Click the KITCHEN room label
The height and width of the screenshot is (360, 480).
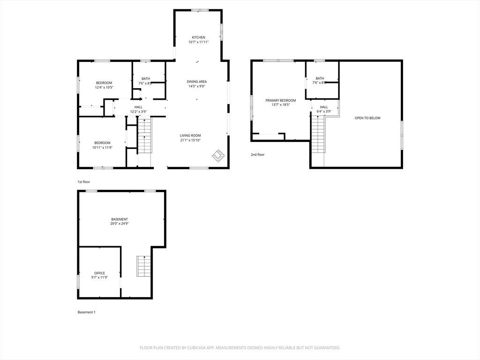(x=198, y=37)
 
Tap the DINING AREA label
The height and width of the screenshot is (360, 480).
(x=197, y=82)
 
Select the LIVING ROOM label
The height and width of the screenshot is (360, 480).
(x=190, y=135)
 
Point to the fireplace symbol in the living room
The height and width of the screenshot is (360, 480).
(x=218, y=156)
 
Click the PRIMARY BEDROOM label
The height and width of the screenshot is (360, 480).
(x=281, y=100)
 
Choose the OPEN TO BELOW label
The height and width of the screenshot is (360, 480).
(x=367, y=118)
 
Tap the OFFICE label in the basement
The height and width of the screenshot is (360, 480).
(x=99, y=273)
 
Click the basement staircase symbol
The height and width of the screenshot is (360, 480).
(x=144, y=266)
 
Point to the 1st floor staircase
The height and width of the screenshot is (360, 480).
(x=144, y=135)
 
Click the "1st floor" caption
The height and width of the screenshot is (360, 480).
(x=83, y=182)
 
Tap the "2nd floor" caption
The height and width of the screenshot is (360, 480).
(x=257, y=155)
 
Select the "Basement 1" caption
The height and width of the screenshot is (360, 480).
(x=87, y=312)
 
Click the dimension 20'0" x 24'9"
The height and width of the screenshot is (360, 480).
(x=120, y=224)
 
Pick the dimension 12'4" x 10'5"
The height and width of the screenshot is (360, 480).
(x=104, y=87)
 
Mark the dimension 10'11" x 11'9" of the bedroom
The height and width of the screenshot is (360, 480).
(x=102, y=148)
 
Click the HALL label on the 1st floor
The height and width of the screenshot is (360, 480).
(x=138, y=107)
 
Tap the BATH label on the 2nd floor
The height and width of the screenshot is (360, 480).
(x=320, y=78)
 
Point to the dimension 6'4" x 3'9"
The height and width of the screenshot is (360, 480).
(x=324, y=112)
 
